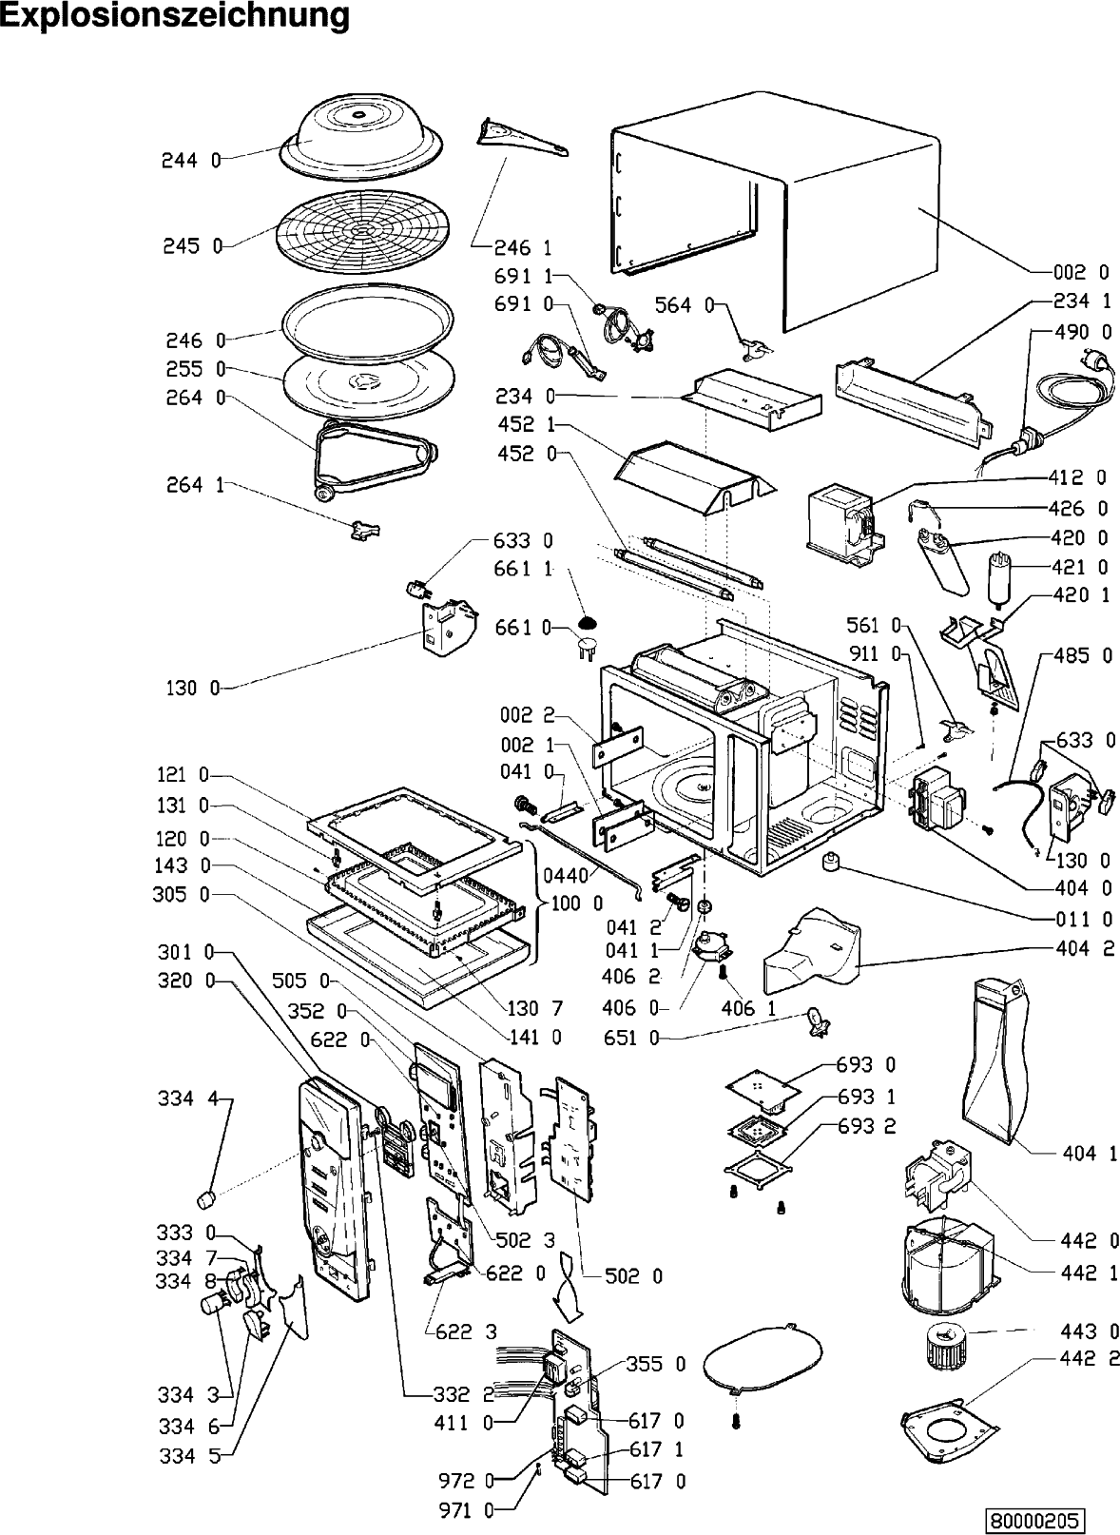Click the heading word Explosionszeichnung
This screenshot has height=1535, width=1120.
click(x=175, y=17)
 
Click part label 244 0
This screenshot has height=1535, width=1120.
click(x=189, y=161)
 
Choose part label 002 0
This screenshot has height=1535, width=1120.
click(x=1080, y=273)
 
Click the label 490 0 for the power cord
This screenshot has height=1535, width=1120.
click(x=1082, y=332)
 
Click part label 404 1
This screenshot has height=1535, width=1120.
click(x=1089, y=1154)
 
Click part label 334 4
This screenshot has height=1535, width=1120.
click(x=187, y=1099)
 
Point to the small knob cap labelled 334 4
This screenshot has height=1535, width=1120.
click(x=203, y=1195)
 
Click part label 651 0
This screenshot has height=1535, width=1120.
click(x=631, y=1039)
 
